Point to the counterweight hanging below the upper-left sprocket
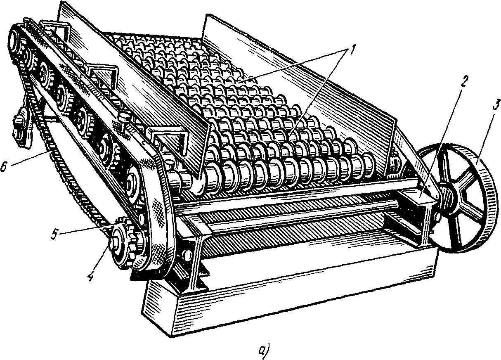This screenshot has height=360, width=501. coord(21,132)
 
